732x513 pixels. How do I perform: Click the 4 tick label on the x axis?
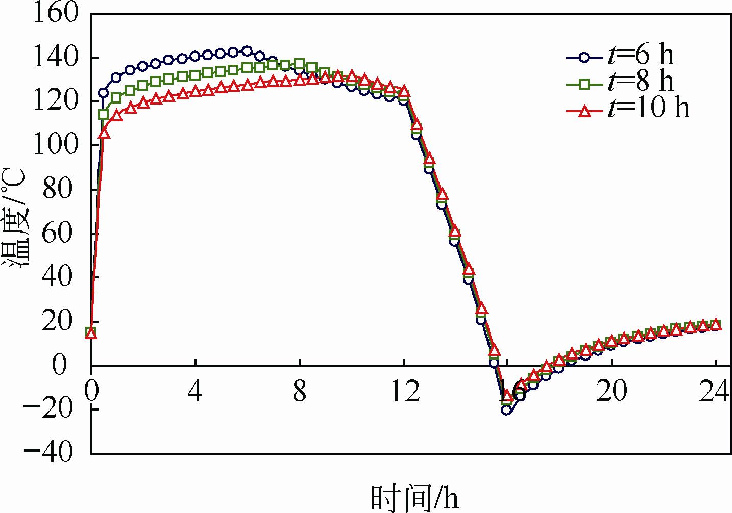tap(195, 393)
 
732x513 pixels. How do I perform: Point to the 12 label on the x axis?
tap(405, 393)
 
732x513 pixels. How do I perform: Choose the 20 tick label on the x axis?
tap(612, 393)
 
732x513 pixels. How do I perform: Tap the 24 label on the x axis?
tap(717, 393)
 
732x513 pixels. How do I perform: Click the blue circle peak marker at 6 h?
tap(247, 51)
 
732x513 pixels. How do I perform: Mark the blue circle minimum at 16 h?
tap(506, 410)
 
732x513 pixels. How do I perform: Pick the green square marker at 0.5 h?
tap(104, 115)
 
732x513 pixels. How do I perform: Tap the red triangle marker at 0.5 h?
tap(104, 133)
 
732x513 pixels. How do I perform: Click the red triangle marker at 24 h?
tap(716, 325)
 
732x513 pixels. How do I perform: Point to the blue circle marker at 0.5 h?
tap(104, 93)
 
